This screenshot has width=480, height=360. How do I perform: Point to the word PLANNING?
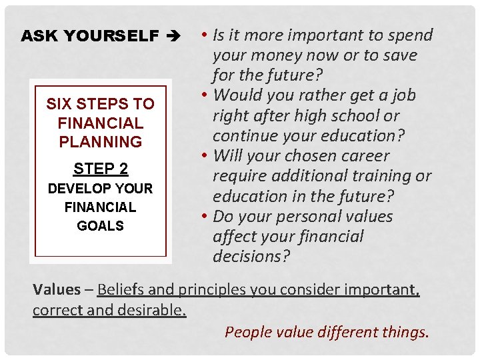point(100,142)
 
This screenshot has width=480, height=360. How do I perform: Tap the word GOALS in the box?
point(100,226)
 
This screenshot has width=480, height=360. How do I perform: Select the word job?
point(403,95)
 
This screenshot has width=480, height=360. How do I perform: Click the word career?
point(364,156)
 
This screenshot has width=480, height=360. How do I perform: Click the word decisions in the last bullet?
point(251,257)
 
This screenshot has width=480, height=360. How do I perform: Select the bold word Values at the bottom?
point(57,290)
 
